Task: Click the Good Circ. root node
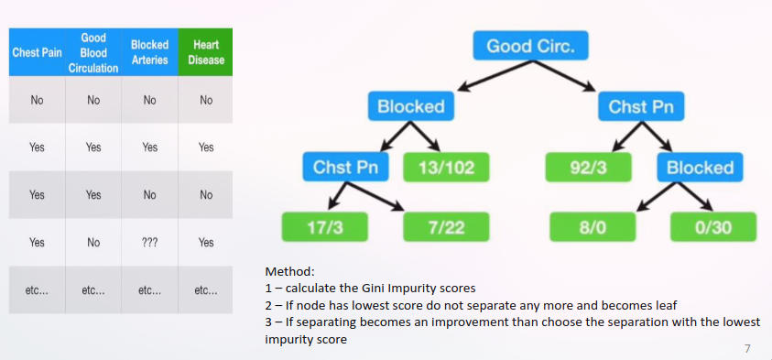click(531, 46)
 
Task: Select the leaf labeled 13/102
click(446, 168)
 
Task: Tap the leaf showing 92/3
click(588, 168)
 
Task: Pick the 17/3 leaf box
click(325, 226)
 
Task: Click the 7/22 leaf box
click(446, 226)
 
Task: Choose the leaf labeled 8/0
click(593, 226)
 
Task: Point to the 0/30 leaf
click(713, 226)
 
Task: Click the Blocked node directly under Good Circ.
click(411, 106)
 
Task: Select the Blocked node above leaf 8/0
click(701, 168)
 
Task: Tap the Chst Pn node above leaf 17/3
click(345, 168)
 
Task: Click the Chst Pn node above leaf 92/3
click(641, 106)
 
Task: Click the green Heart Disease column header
click(206, 51)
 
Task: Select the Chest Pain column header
click(37, 51)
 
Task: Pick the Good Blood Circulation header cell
click(93, 51)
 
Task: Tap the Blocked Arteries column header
click(149, 51)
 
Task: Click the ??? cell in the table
click(149, 243)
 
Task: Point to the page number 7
click(747, 349)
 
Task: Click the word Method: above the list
click(289, 271)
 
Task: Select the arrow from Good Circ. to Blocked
click(495, 76)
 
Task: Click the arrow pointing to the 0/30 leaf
click(695, 197)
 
